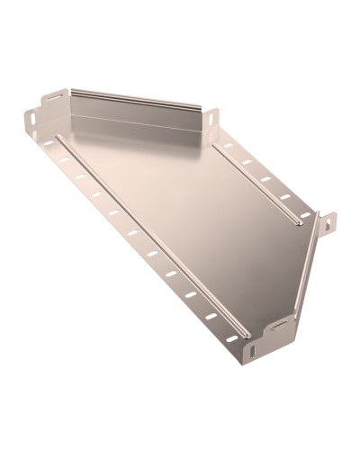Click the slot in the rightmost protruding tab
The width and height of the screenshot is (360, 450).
click(x=328, y=222)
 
